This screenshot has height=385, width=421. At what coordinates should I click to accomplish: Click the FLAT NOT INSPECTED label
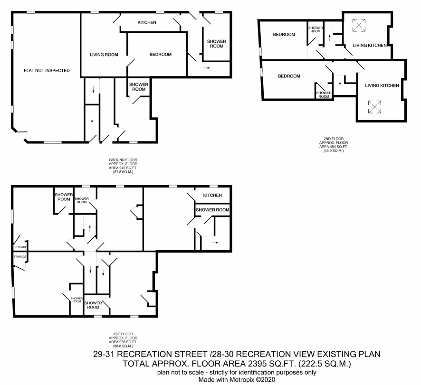tap(47, 71)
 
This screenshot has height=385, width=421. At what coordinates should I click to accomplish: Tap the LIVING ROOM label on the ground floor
tap(104, 55)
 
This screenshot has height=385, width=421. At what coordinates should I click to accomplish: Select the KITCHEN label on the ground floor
tap(147, 22)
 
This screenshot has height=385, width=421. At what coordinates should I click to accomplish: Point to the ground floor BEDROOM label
tap(161, 55)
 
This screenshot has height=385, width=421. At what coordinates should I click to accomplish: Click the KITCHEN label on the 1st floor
tap(213, 195)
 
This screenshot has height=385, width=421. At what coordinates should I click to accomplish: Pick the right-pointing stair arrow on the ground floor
tap(207, 68)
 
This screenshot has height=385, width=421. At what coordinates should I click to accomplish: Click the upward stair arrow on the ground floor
tap(92, 122)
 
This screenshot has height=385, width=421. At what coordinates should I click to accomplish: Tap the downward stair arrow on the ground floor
tap(93, 90)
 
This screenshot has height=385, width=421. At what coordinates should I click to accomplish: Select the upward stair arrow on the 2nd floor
tap(329, 38)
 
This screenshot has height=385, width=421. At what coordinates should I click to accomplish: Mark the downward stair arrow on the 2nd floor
tap(340, 82)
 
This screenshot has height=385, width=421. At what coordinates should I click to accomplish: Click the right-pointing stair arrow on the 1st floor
tap(215, 243)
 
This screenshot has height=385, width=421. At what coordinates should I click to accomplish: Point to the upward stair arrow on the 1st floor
tap(90, 228)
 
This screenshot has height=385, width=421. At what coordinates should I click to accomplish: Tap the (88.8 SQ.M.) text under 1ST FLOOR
tap(123, 346)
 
